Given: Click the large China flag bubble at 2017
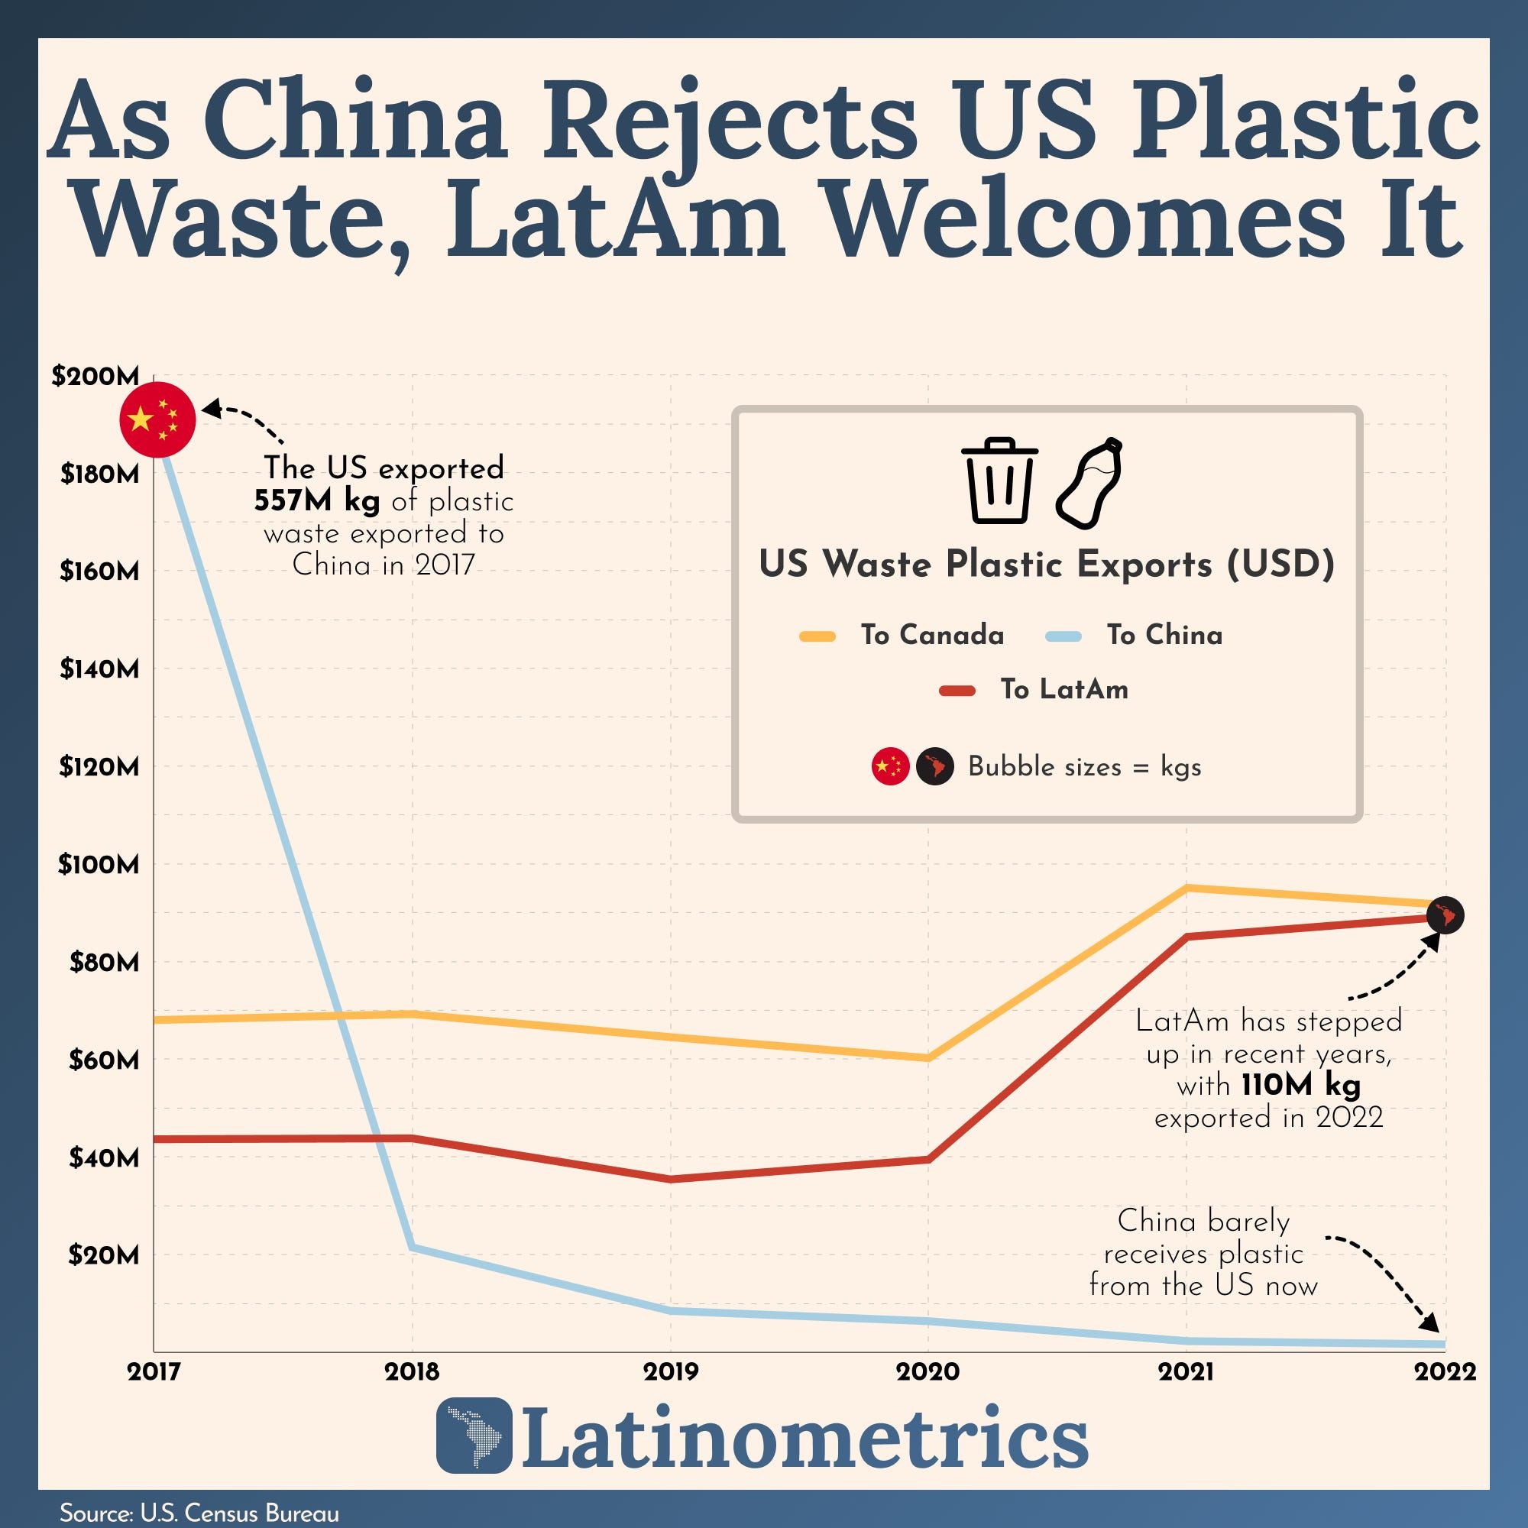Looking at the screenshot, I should pos(157,419).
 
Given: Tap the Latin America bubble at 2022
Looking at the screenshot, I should pos(1445,915).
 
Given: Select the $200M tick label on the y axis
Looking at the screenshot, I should pos(95,377).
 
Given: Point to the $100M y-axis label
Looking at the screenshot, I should pos(98,864).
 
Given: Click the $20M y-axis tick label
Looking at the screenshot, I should pos(103,1255).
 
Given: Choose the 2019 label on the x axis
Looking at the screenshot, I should pos(671,1371).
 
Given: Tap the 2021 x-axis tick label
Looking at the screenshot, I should pos(1186,1371).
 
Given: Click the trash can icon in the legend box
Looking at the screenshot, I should pos(999,480).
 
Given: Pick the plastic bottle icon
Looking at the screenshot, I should pos(1089,482).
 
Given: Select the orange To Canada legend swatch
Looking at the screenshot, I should pos(817,636).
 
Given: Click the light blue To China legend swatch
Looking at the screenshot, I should pos(1063,636).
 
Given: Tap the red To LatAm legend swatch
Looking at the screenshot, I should pos(957,691).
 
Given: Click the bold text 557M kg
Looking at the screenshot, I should pos(316,501).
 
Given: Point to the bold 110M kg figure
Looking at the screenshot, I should pos(1300,1085).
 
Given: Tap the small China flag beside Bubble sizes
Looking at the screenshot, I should pos(890,766).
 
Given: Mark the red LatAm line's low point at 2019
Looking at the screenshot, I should pos(671,1179).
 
